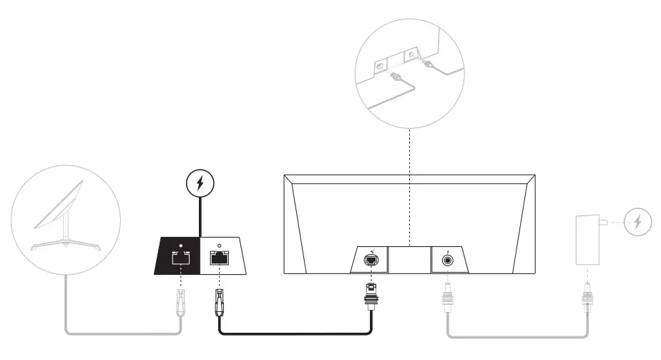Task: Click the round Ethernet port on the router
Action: point(371,260)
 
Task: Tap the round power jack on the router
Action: point(449,260)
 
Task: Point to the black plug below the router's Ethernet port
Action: point(371,296)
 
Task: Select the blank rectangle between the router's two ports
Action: point(409,260)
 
